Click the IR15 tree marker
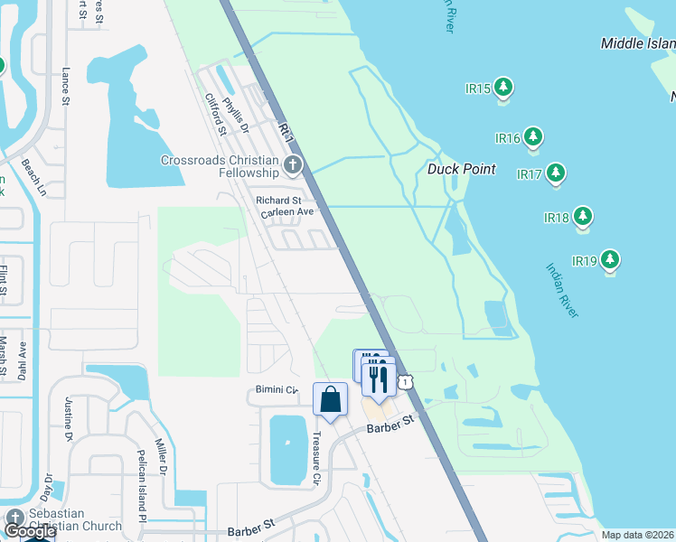(x=503, y=89)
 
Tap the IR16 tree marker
(x=533, y=137)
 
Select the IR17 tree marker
(x=555, y=173)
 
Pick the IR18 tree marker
(x=583, y=217)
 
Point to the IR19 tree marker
(x=611, y=261)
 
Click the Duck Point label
(x=461, y=169)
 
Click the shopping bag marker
(x=330, y=398)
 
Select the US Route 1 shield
(x=408, y=383)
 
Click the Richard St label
(x=278, y=200)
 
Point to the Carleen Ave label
(x=286, y=212)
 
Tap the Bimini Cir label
(x=273, y=390)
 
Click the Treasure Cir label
(x=317, y=455)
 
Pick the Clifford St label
(x=215, y=115)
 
